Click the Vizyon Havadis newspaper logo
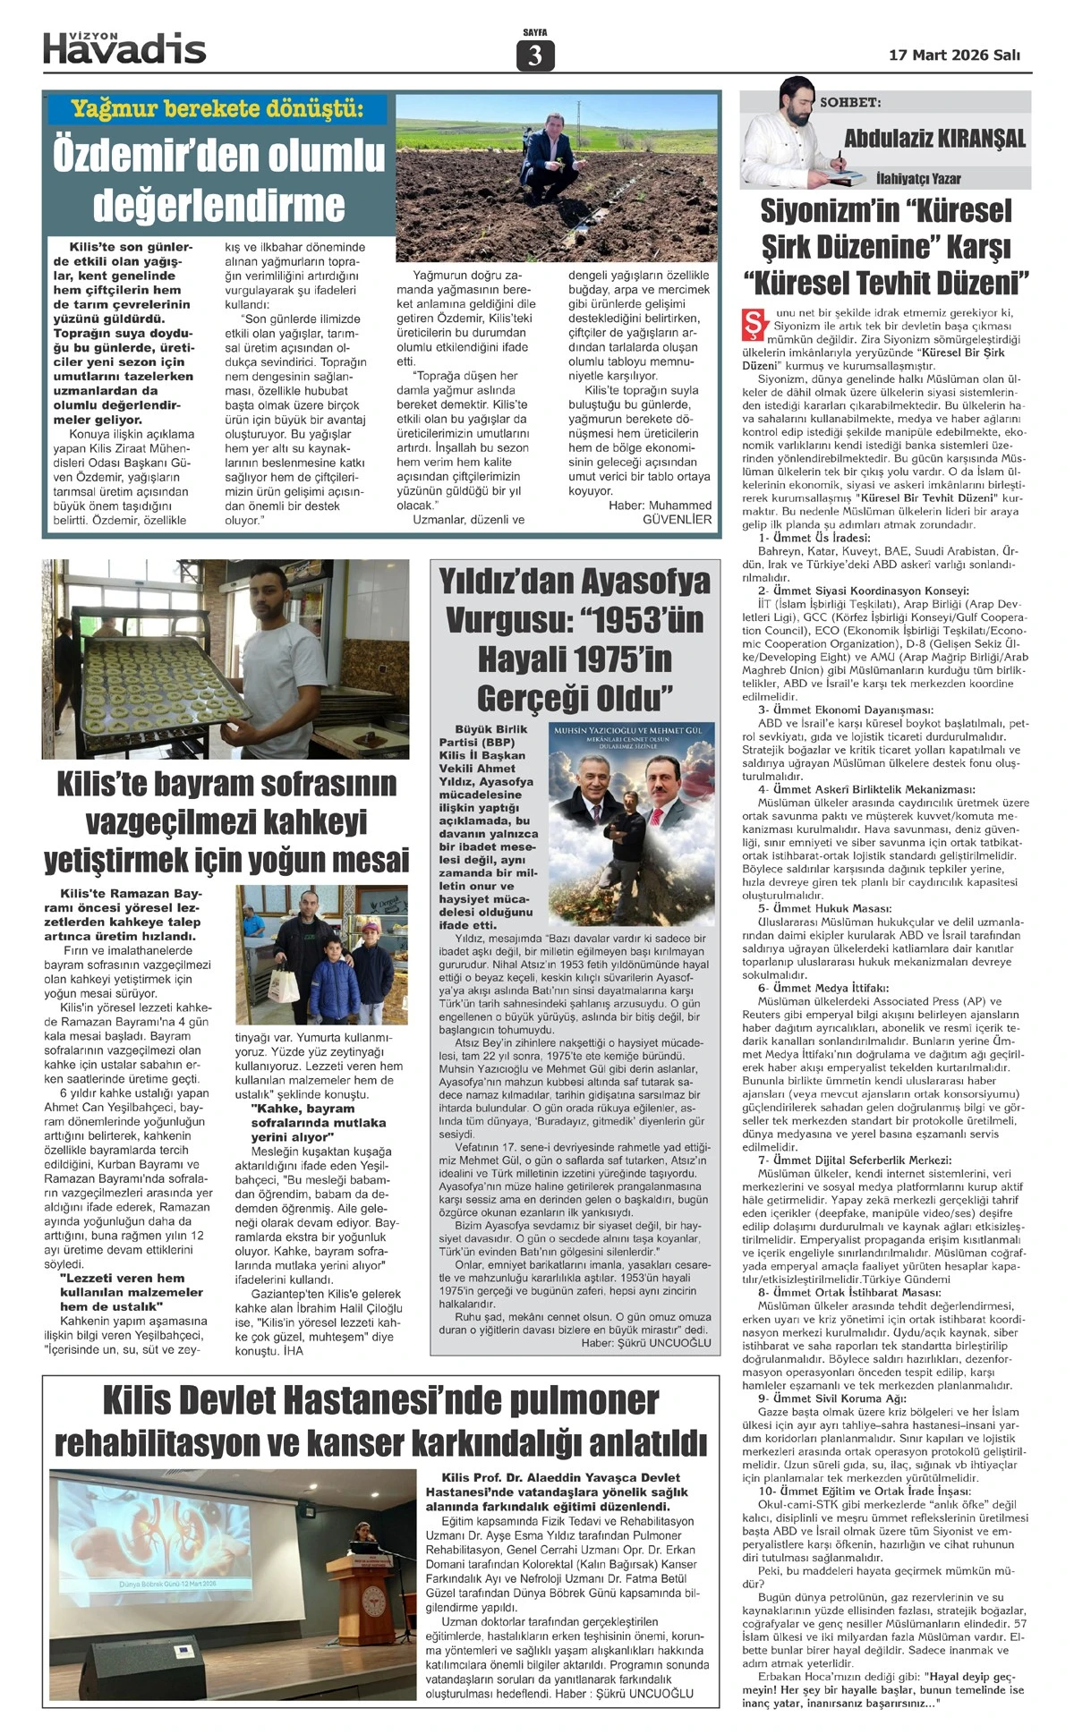[x=124, y=47]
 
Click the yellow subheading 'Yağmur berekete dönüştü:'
[x=217, y=109]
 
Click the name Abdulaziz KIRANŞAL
[x=935, y=138]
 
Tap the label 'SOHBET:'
[x=850, y=103]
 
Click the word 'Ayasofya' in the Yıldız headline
[x=644, y=582]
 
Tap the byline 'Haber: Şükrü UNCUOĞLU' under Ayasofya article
[x=646, y=1342]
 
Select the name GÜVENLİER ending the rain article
[x=678, y=519]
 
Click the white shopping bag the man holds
[x=284, y=987]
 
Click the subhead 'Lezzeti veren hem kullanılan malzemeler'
[x=132, y=1285]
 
